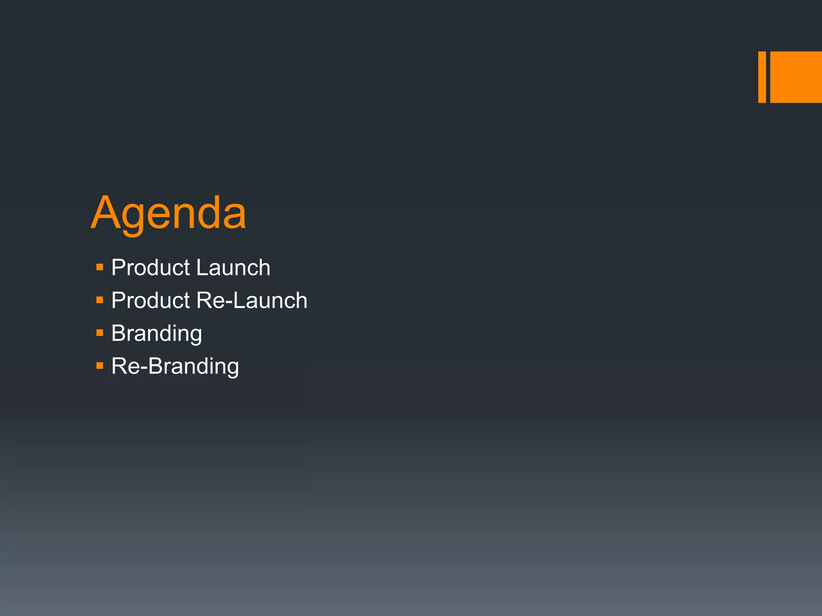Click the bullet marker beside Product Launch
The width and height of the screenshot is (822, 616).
coord(100,267)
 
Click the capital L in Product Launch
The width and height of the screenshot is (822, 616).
coord(202,267)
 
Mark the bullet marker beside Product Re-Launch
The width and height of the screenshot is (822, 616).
coord(100,300)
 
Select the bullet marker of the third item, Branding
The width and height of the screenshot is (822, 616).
coord(100,333)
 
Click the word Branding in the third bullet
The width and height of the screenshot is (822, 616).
coord(157,334)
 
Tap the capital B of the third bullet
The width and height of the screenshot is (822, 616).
coord(118,333)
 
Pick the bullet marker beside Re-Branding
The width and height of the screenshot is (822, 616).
coord(100,366)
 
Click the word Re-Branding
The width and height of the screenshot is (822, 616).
coord(175,367)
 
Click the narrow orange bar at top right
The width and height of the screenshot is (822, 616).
coord(762,77)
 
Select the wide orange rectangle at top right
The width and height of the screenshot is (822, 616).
coord(796,77)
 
